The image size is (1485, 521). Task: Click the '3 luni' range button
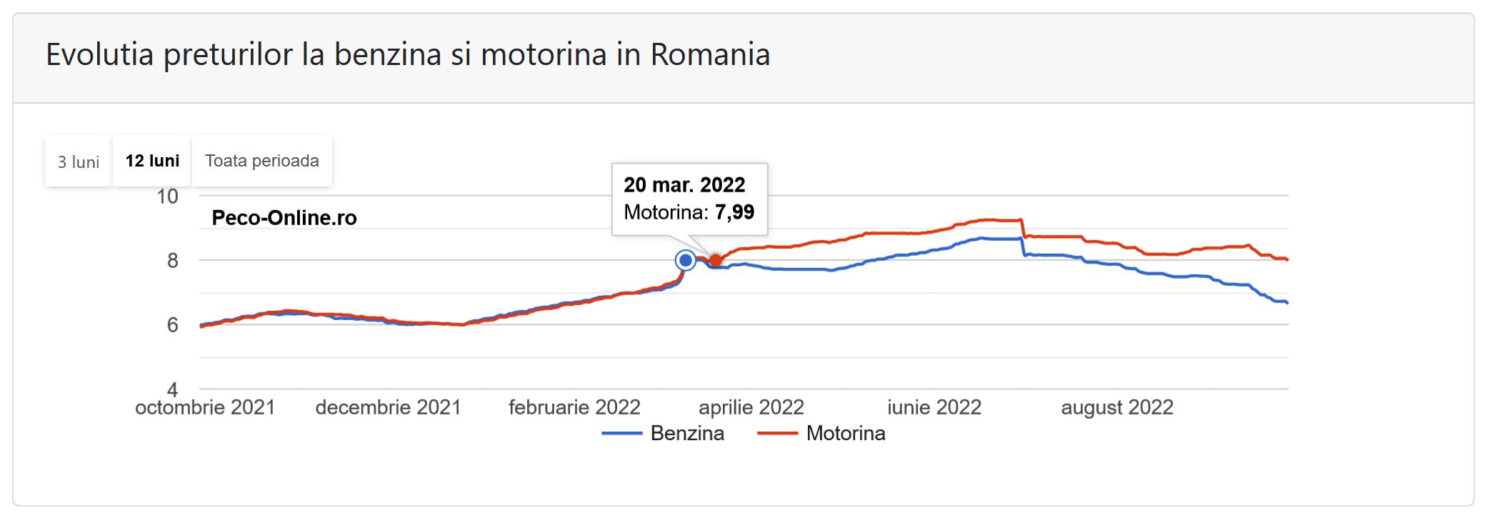tap(79, 162)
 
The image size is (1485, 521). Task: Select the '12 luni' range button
tap(152, 161)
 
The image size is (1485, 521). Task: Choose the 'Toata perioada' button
tap(262, 161)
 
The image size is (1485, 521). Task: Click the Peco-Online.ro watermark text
tap(284, 218)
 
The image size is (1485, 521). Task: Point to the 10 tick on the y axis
tap(167, 197)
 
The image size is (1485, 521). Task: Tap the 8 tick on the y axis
tap(172, 261)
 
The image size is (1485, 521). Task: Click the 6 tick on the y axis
tap(172, 325)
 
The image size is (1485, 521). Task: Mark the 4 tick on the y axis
tap(172, 389)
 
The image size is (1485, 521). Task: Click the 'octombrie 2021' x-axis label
tap(205, 407)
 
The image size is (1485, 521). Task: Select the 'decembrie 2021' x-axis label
tap(388, 407)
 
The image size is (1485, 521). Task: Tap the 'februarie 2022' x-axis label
tap(574, 407)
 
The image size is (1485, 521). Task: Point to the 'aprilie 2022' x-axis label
tap(751, 407)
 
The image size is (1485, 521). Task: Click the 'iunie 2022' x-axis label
tap(934, 407)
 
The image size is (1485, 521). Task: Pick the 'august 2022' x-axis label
tap(1117, 407)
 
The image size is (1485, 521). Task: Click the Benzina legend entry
tap(686, 433)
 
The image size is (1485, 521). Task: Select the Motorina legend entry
tap(845, 433)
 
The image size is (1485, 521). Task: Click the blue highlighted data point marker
tap(686, 260)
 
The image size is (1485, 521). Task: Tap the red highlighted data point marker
tap(716, 260)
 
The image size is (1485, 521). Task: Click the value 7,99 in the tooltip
tap(734, 212)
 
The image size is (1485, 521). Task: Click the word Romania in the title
tap(710, 55)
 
